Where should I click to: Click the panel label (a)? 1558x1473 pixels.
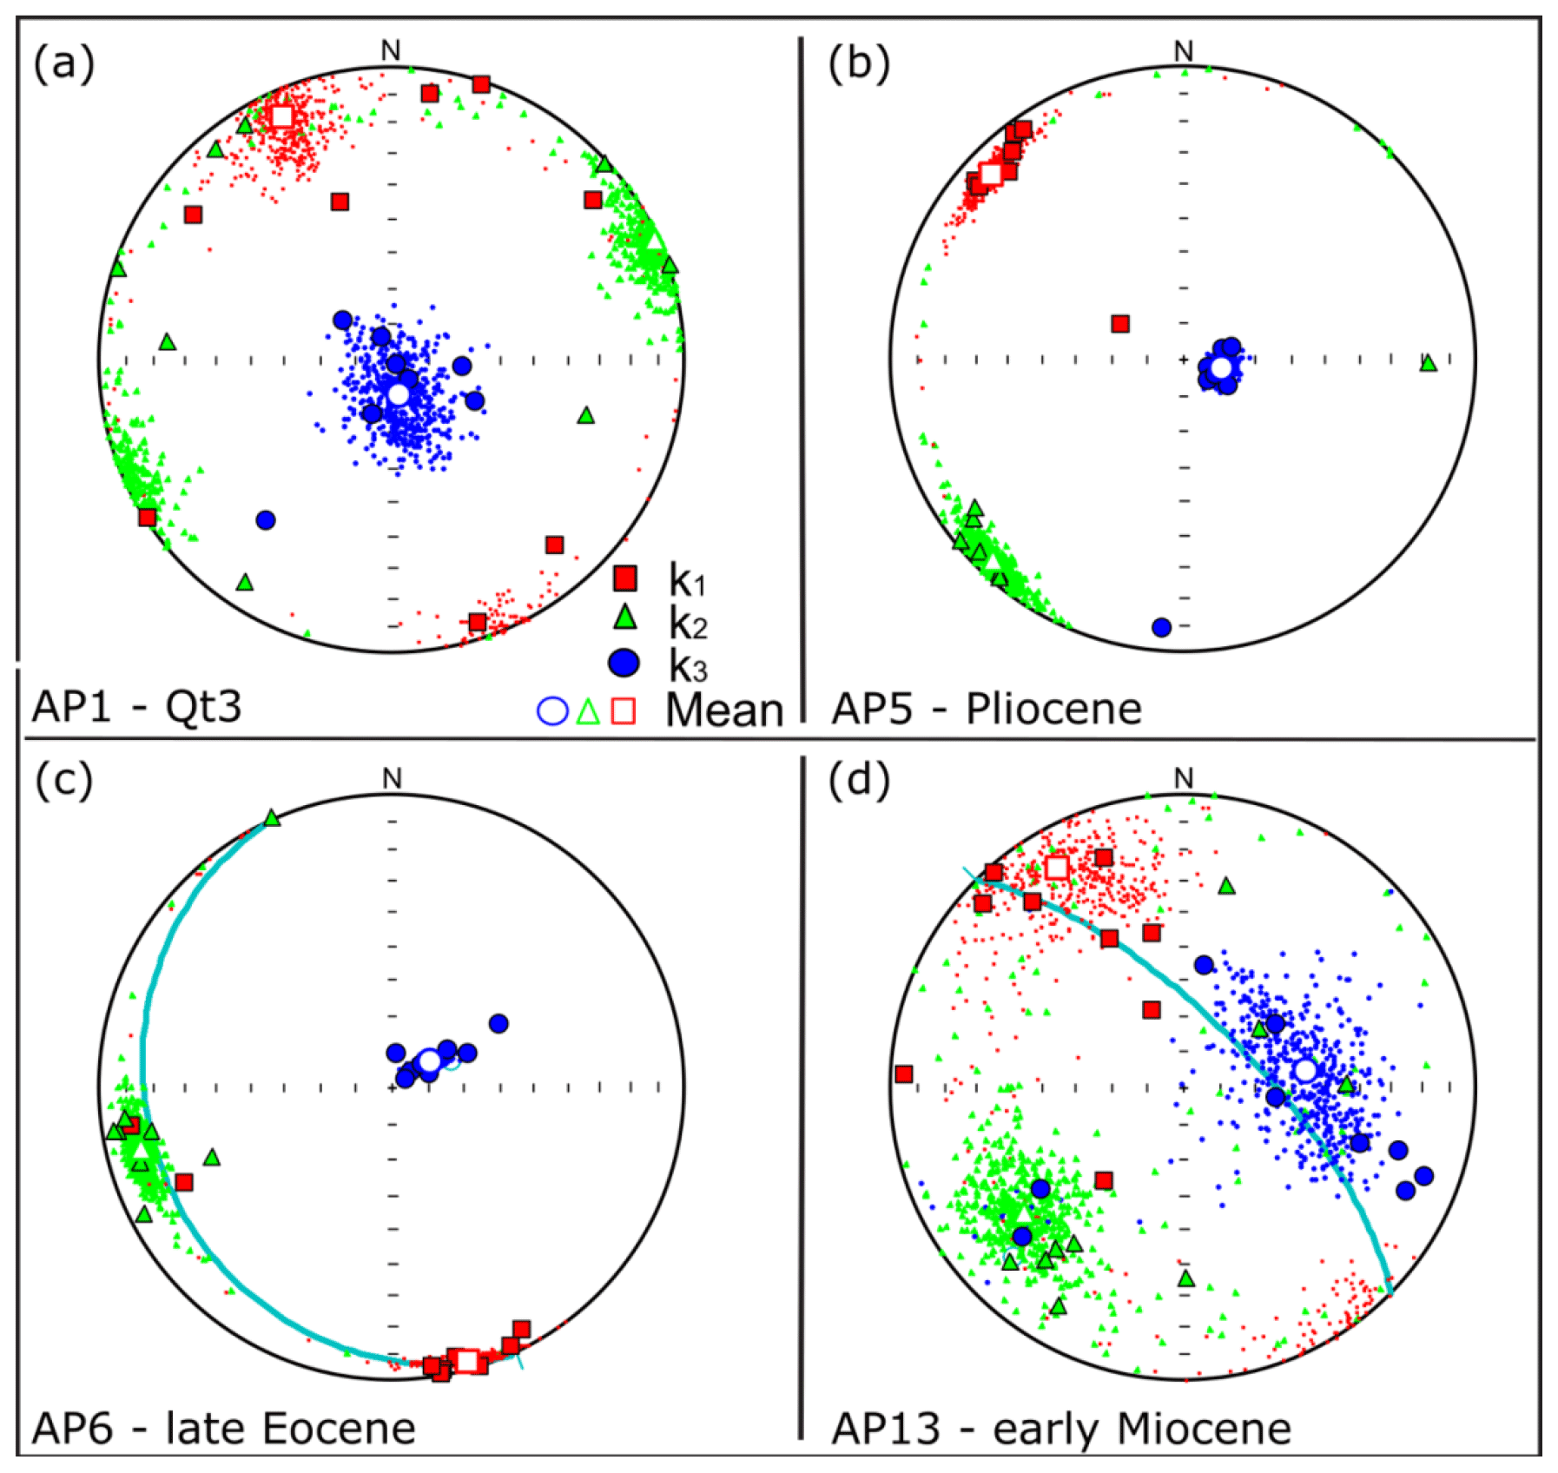click(63, 65)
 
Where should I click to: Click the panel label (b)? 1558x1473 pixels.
click(858, 65)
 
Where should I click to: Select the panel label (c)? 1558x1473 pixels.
click(63, 782)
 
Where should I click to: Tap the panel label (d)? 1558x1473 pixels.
click(858, 782)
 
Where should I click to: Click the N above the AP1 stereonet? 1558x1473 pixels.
click(391, 51)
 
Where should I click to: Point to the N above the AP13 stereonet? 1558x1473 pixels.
click(1183, 778)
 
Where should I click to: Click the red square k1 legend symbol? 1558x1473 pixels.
click(624, 578)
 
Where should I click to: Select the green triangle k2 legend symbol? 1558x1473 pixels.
click(624, 618)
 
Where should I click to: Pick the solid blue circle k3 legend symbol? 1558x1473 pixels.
click(624, 663)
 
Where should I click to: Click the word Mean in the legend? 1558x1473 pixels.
click(723, 710)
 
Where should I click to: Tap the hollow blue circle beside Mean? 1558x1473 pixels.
click(552, 710)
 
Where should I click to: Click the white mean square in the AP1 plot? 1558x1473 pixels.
click(282, 116)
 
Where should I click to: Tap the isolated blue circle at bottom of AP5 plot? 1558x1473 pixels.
click(1161, 627)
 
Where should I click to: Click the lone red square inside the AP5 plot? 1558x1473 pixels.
click(1120, 324)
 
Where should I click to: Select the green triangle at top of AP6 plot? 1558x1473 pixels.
click(272, 818)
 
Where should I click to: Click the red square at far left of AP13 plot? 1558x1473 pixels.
click(904, 1074)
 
